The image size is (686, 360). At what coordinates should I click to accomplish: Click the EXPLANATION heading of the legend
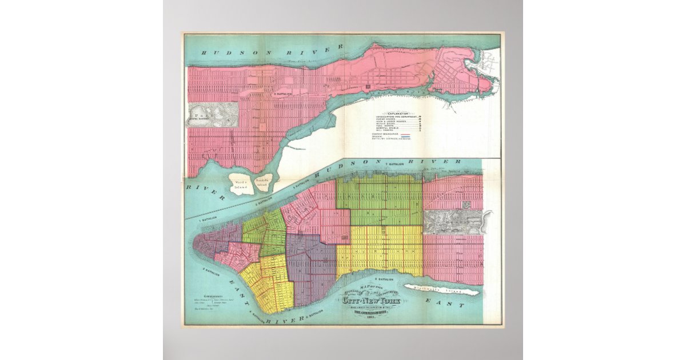click(398, 113)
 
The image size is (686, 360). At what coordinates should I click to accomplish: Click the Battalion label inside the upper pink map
click(282, 93)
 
